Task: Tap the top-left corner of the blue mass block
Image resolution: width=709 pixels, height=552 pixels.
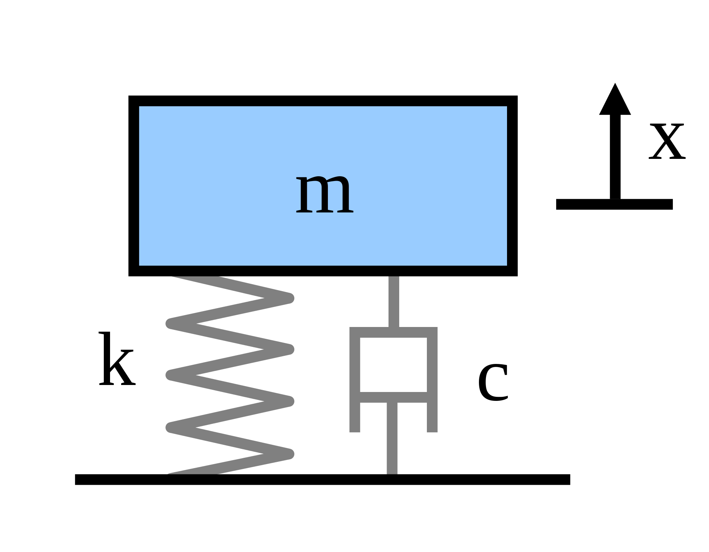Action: click(x=140, y=107)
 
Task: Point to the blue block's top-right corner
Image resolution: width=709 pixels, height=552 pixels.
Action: click(x=506, y=107)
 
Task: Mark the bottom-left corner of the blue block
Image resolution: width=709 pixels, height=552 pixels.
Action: click(x=140, y=265)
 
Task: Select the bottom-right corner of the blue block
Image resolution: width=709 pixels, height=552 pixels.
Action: click(x=506, y=265)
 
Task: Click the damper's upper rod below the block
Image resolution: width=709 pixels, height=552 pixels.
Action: click(x=394, y=301)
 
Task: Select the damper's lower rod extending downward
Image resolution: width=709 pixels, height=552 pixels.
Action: click(x=392, y=440)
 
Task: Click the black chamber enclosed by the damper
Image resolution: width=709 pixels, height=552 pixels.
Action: click(x=393, y=364)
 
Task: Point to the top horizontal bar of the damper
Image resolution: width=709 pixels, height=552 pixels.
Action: click(x=393, y=332)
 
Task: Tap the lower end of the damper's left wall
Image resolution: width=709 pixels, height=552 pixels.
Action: click(x=355, y=429)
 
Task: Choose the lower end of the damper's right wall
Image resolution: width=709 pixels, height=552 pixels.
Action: click(x=432, y=429)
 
